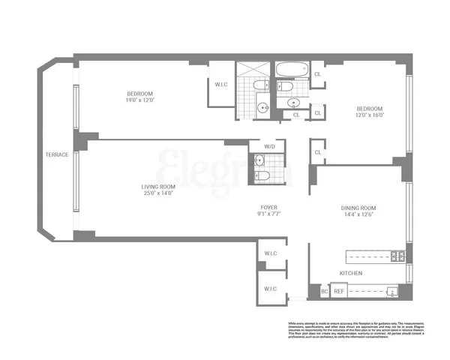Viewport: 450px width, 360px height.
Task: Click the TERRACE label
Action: coord(56,154)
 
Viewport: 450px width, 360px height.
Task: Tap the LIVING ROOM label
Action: coord(158,187)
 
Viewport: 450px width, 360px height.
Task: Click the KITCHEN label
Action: coord(352,274)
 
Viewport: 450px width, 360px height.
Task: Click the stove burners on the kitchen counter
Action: coord(399,256)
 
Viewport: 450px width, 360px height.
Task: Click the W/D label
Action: coord(268,145)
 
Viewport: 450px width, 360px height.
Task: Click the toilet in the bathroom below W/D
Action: coord(260,175)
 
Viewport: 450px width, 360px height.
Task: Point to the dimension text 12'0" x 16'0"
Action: coord(369,115)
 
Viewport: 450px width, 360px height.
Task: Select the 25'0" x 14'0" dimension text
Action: coord(158,194)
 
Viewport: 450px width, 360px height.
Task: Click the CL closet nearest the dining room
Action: coord(319,152)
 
